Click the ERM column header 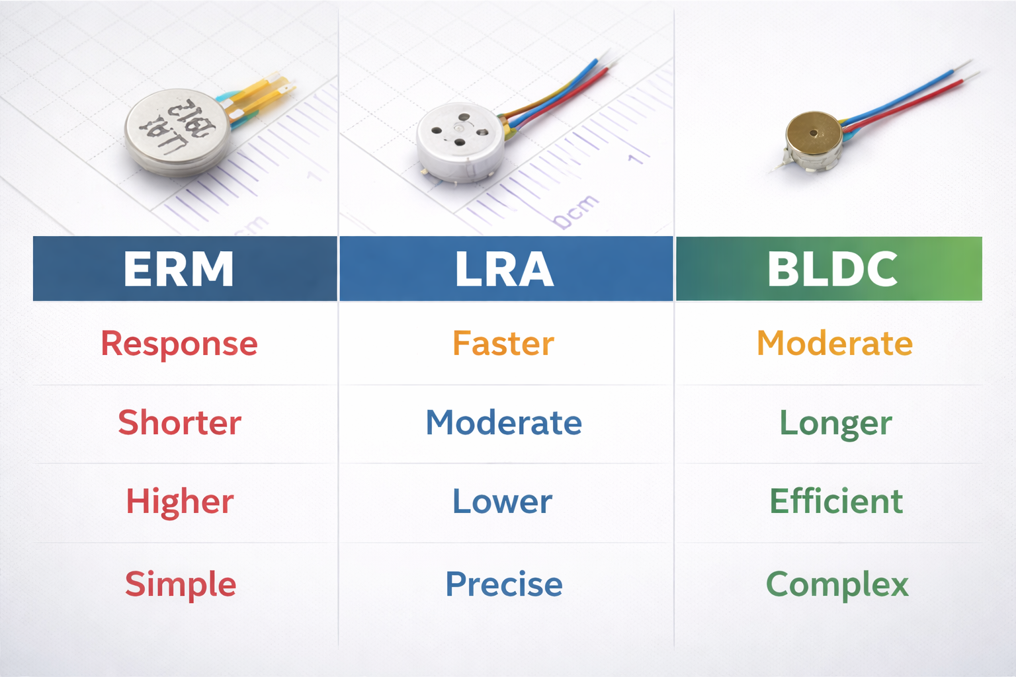pos(179,269)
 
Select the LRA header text pos(504,269)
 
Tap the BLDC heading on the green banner pos(832,269)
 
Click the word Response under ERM pos(179,344)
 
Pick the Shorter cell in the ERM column pos(180,422)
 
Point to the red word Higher pos(180,501)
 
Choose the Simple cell pos(181,584)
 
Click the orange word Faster pos(503,344)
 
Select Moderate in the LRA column pos(504,422)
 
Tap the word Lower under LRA pos(502,501)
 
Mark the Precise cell pos(504,584)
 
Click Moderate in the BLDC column pos(835,344)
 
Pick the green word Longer pos(836,423)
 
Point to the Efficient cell pos(836,501)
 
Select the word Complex pos(837,584)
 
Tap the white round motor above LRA pos(460,141)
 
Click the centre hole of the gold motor pos(814,133)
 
